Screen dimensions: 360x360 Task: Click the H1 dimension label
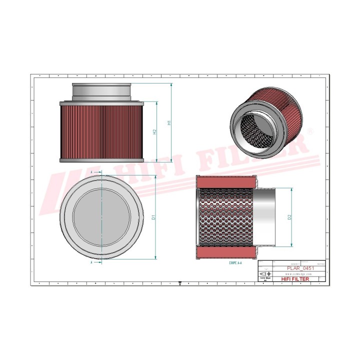[x=169, y=122]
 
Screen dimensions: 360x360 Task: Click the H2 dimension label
[x=155, y=132]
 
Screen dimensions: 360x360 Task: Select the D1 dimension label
[x=154, y=217]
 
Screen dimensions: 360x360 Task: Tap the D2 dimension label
[x=289, y=217]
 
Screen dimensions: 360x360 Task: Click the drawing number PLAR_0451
[x=299, y=268]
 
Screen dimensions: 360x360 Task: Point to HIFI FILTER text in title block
[x=296, y=279]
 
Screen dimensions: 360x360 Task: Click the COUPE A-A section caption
[x=236, y=262]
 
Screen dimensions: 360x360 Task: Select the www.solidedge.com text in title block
[x=298, y=274]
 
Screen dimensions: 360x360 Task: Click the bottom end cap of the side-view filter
[x=101, y=160]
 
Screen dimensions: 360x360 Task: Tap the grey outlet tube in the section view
[x=266, y=217]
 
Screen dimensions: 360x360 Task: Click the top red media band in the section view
[x=225, y=182]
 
